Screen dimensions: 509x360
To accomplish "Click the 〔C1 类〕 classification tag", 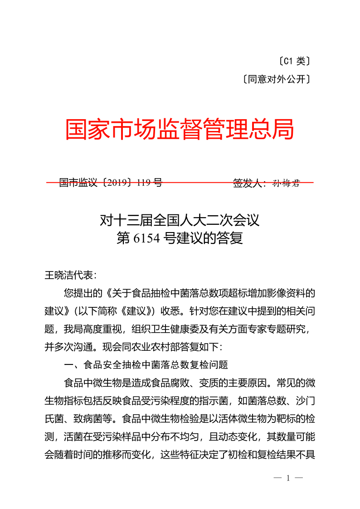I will (294, 61).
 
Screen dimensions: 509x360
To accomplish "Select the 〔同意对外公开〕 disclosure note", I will (277, 80).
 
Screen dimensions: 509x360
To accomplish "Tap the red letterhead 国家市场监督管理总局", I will (180, 130).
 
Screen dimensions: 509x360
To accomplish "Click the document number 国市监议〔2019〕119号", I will (110, 183).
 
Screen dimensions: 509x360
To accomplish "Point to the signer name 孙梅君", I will (286, 183).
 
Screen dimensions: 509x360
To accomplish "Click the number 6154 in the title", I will (145, 238).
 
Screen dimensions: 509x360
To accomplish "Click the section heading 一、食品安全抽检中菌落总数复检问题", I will (146, 364).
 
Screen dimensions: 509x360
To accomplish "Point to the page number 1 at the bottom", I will (288, 478).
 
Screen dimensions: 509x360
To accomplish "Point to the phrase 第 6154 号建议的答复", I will (180, 238).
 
